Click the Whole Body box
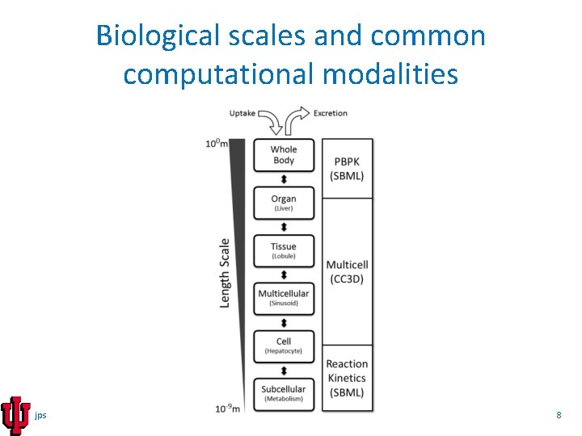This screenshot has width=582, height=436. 284,155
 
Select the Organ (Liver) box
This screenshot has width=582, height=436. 284,203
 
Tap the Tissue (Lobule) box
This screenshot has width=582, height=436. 284,250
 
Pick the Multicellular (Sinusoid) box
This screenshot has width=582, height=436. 284,297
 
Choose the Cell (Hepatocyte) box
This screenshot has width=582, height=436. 284,346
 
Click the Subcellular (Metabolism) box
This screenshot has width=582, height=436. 284,393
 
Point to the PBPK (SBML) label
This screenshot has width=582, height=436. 348,169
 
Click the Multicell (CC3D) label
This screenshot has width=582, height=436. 348,271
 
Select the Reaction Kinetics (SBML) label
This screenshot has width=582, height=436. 348,378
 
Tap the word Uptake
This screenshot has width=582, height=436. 242,113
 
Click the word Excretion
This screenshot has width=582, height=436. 331,113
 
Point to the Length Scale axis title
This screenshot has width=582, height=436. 226,272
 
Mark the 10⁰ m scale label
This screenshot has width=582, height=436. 216,144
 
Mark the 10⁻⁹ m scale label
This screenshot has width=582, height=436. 227,408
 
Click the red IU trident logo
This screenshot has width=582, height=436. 15,416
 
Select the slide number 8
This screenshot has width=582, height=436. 559,415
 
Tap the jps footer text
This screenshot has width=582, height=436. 41,415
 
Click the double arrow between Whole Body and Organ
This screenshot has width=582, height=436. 284,179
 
